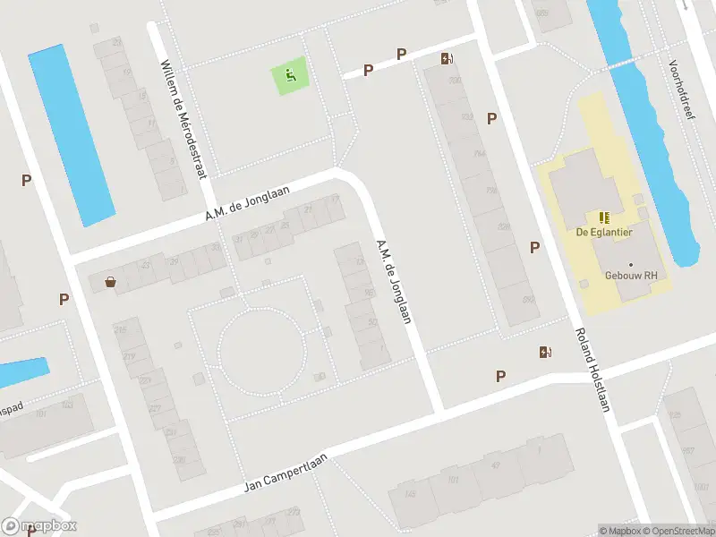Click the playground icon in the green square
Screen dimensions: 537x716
point(290,75)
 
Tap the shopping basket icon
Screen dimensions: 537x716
point(110,282)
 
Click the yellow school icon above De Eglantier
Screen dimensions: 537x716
point(603,217)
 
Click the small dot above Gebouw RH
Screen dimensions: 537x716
point(631,264)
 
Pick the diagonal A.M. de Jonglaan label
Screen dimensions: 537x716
point(394,281)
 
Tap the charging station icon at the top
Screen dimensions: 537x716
point(447,59)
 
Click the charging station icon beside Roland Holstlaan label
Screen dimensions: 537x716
point(544,352)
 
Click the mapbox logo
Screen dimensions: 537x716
point(38,526)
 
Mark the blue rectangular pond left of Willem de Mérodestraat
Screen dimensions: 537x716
point(72,134)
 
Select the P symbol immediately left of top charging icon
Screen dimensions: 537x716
point(401,55)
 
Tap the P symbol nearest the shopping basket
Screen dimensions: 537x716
point(64,299)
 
